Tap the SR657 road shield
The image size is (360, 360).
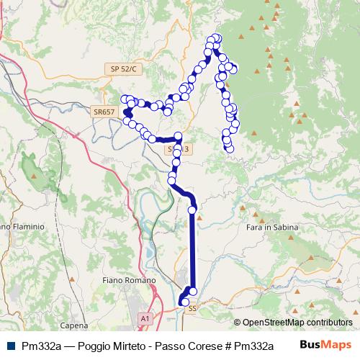click(x=104, y=112)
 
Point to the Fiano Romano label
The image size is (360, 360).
click(x=129, y=279)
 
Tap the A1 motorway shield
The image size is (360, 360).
click(x=145, y=318)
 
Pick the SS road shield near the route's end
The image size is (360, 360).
click(x=192, y=308)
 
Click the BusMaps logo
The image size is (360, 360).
click(x=325, y=344)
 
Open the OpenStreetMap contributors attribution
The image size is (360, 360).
click(x=297, y=323)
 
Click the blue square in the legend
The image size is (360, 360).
click(x=10, y=345)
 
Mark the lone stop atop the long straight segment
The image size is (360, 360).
click(x=192, y=210)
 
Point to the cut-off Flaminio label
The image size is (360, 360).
click(x=22, y=226)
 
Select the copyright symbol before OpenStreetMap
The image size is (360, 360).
click(x=238, y=323)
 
